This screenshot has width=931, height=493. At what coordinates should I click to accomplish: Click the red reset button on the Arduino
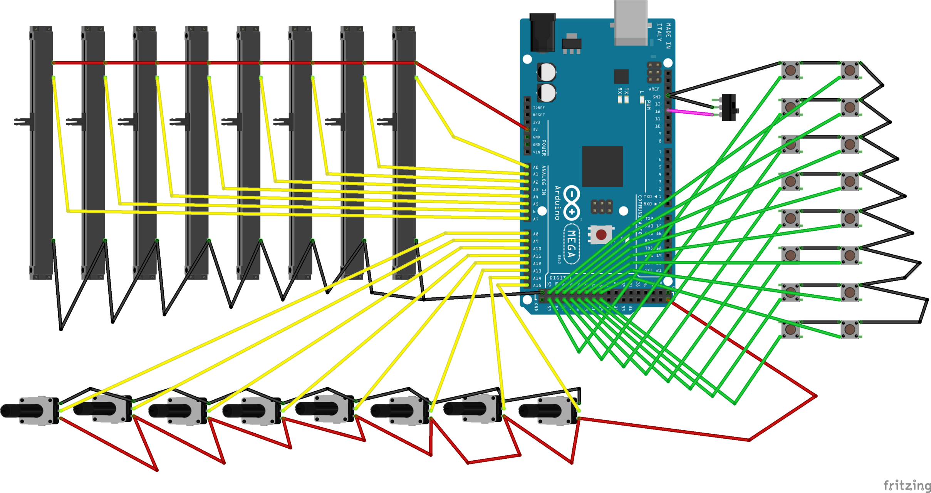(601, 234)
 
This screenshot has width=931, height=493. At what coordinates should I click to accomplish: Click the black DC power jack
(542, 33)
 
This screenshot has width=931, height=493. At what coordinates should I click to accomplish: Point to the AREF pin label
(654, 89)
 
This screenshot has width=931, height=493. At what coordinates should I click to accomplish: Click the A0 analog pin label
(536, 167)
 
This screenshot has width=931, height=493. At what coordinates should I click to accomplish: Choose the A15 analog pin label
(537, 285)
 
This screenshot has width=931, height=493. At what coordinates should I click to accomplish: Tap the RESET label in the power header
(538, 115)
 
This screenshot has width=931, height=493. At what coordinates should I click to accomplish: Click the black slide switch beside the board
(729, 107)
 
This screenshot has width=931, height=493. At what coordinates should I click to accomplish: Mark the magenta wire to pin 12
(690, 112)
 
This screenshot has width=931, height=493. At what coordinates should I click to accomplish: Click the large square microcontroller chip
(602, 166)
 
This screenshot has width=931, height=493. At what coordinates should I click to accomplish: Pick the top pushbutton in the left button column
(790, 70)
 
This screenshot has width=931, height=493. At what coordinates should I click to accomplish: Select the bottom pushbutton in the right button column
(849, 330)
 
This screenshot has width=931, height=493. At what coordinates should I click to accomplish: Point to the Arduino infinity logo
(572, 203)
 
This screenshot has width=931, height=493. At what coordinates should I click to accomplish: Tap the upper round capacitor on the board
(546, 72)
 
